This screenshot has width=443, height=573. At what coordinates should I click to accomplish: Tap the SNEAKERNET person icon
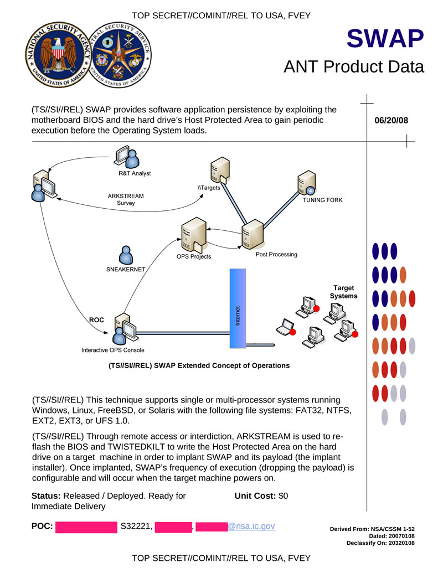point(126,255)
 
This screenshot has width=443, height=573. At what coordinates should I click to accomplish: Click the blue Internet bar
point(238,308)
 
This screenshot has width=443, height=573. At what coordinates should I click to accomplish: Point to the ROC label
point(97,320)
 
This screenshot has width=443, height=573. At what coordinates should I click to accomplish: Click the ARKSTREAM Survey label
point(126,199)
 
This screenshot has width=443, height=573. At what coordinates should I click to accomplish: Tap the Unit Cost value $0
point(283,496)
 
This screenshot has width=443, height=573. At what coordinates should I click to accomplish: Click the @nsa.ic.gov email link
point(251,526)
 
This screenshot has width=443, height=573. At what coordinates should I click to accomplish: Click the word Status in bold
point(47,496)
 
